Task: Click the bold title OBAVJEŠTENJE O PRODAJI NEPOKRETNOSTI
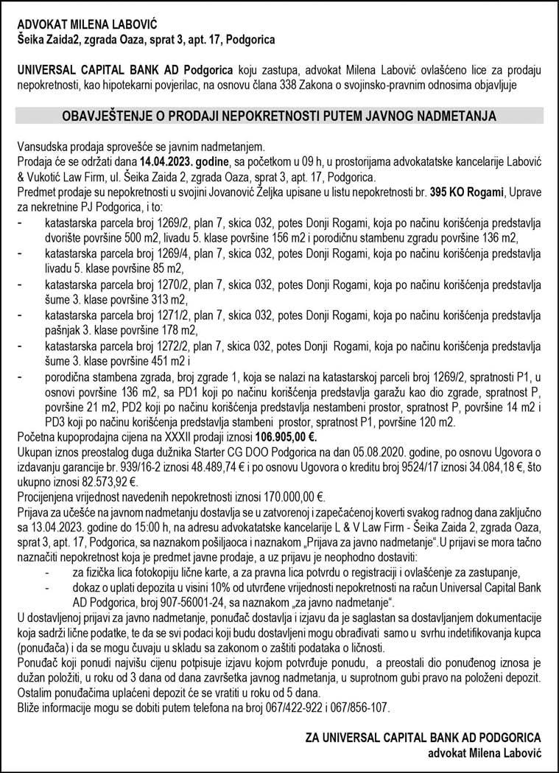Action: click(x=279, y=116)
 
